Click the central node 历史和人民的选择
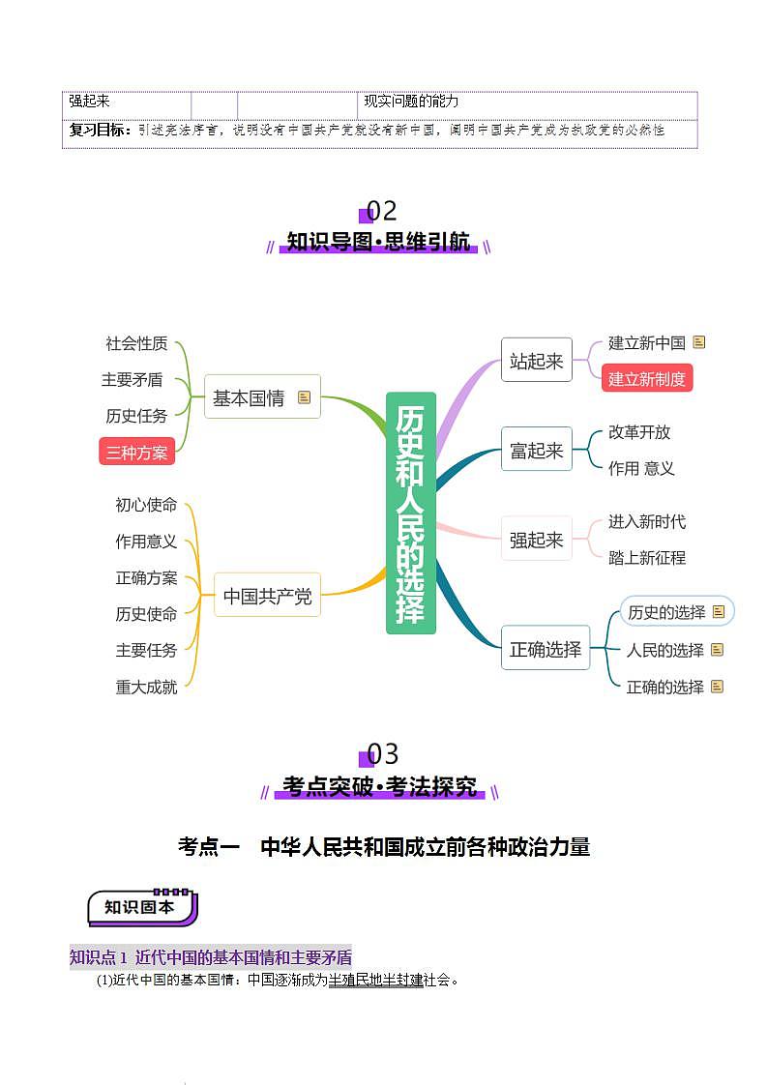tap(411, 513)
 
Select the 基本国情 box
tap(250, 397)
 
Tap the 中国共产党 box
tap(267, 597)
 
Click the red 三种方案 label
tap(136, 452)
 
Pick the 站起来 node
tap(536, 361)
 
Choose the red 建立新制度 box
tap(647, 379)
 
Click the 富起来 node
tap(536, 450)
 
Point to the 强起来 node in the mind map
tap(536, 540)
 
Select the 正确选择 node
tap(546, 649)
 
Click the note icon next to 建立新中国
tap(699, 342)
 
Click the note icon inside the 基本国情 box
tap(305, 397)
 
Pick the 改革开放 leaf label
tap(639, 431)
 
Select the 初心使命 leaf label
tap(146, 505)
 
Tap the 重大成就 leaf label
tap(146, 687)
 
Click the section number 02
tap(381, 211)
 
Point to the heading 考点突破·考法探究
tap(380, 787)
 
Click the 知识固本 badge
tap(141, 907)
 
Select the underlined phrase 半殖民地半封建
tap(376, 980)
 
